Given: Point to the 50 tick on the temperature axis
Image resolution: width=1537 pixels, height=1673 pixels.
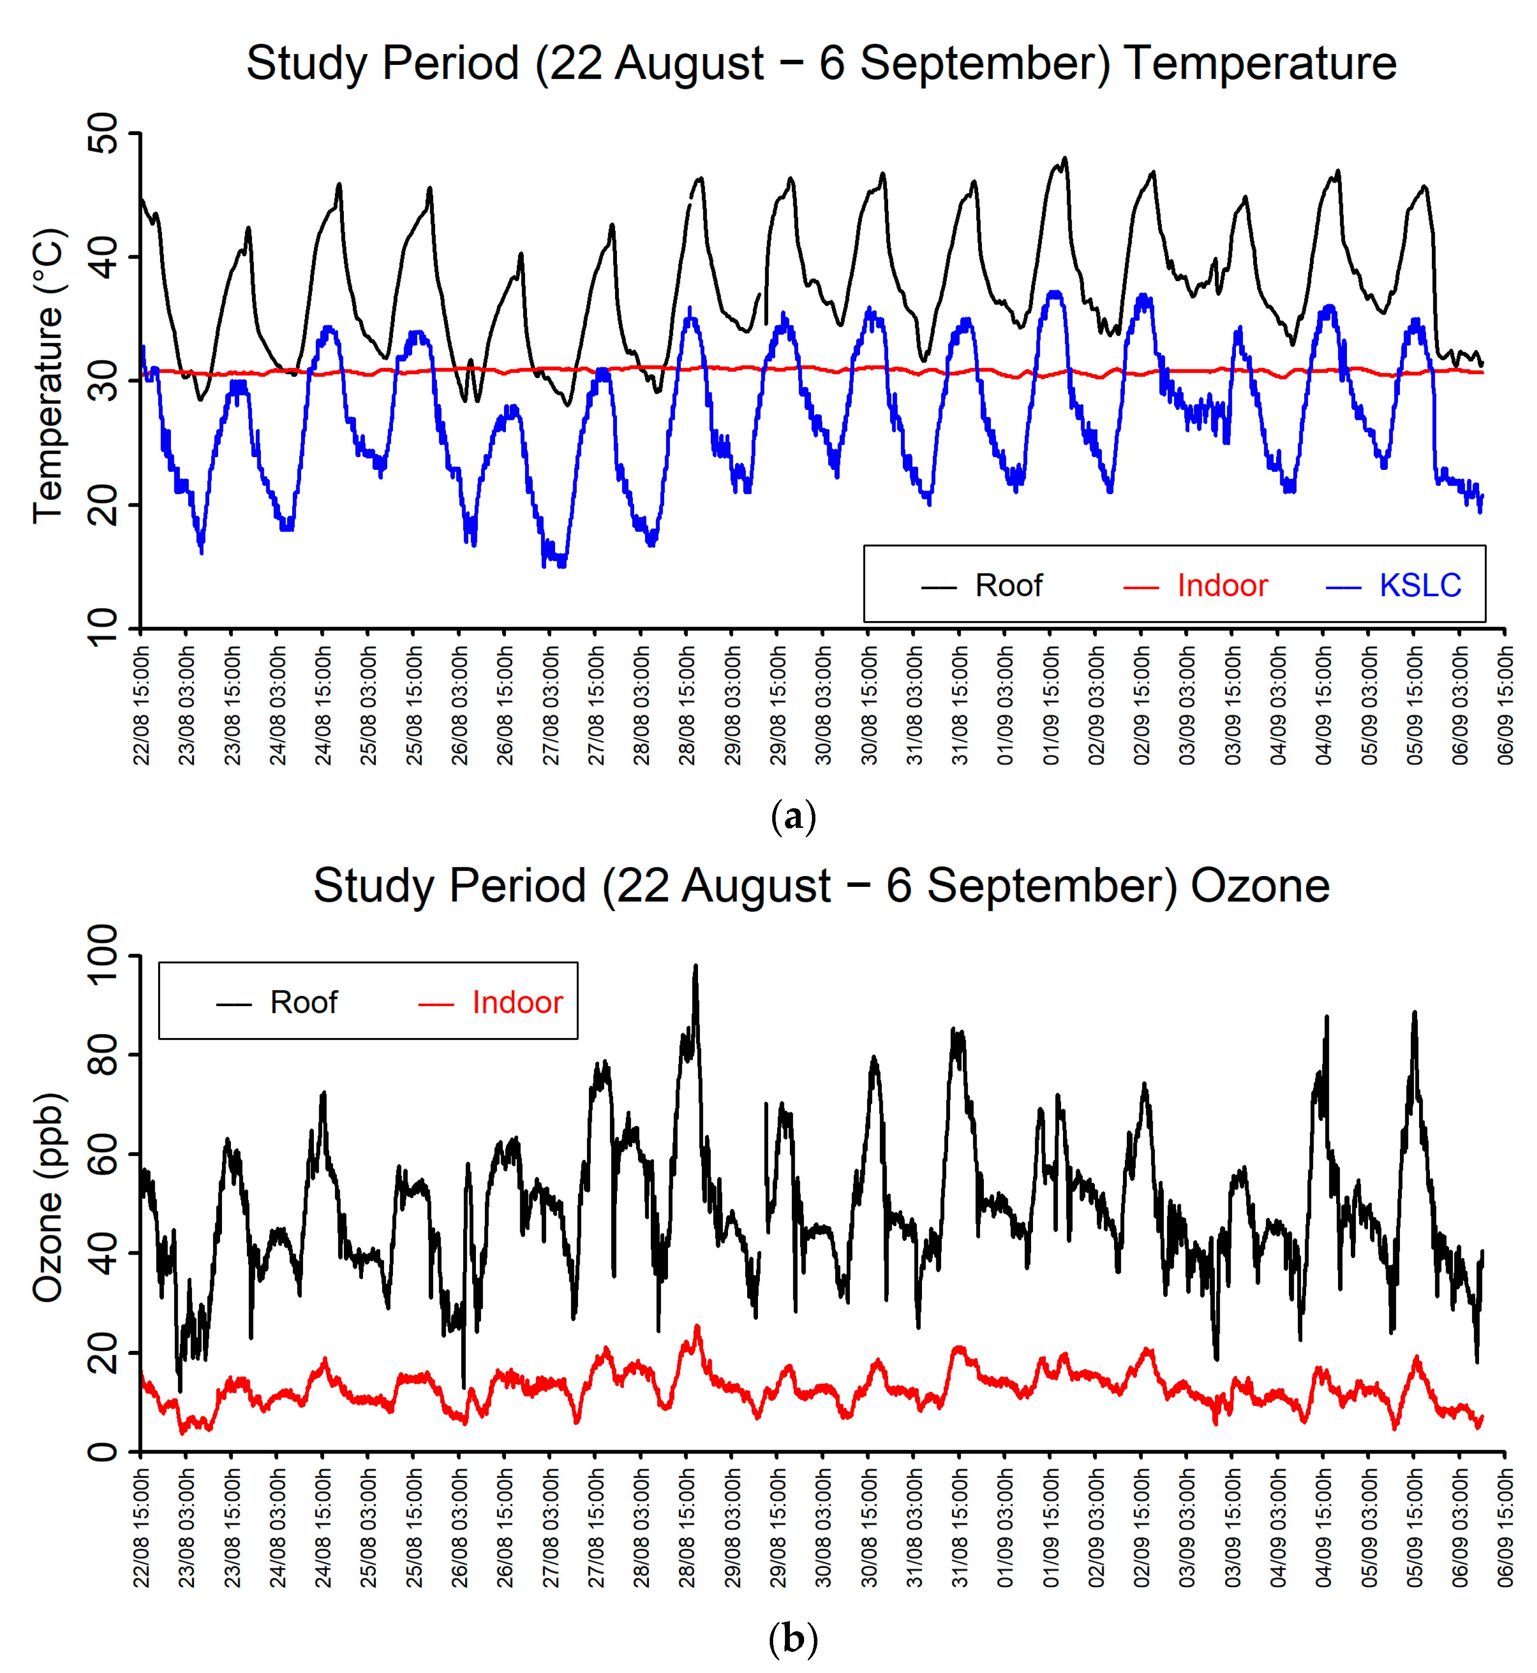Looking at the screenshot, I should pyautogui.click(x=104, y=133).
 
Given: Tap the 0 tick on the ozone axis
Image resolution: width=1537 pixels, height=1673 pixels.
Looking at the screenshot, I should pyautogui.click(x=104, y=1452).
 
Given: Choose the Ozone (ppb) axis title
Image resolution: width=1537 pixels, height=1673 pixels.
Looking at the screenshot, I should pyautogui.click(x=48, y=1197).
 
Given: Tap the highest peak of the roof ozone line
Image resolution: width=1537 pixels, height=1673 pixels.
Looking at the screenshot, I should pyautogui.click(x=696, y=967).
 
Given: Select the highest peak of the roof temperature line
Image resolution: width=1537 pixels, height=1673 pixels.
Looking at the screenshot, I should pyautogui.click(x=1064, y=158).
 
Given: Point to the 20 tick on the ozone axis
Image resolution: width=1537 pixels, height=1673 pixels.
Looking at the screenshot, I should pyautogui.click(x=104, y=1353).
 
